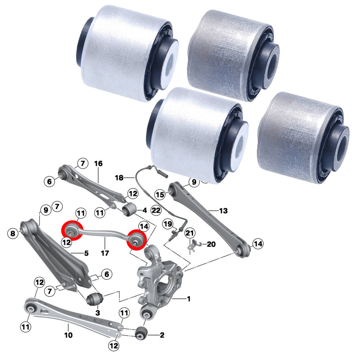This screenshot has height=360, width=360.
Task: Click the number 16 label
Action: point(98,164)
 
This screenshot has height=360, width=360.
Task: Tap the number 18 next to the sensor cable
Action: point(119,177)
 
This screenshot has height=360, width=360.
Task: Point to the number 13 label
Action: point(223,210)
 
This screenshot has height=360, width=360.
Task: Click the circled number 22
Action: point(156,210)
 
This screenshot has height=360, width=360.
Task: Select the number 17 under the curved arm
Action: point(105,253)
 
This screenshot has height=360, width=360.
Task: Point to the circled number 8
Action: point(13,234)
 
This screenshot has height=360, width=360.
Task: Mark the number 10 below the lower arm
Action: point(68,336)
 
